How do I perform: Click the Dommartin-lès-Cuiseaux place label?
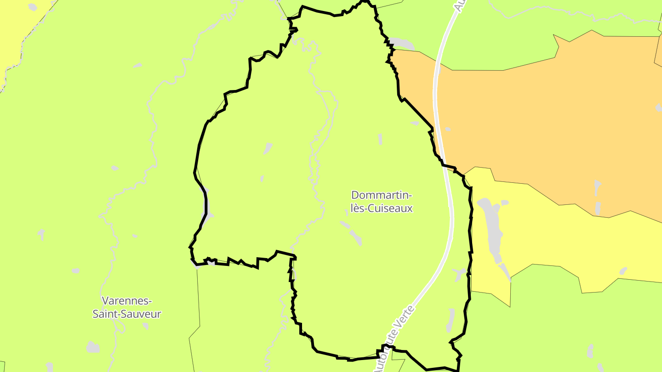click(x=382, y=202)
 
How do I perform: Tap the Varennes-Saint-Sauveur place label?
click(x=127, y=307)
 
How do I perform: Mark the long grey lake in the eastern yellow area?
click(x=491, y=230)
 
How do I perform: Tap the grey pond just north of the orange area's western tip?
click(x=402, y=44)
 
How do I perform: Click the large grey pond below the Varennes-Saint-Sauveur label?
click(x=93, y=347)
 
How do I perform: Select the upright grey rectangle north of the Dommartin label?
click(x=380, y=139)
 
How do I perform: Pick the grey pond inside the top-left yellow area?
click(x=32, y=7)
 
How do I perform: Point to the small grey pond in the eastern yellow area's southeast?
click(x=623, y=271)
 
